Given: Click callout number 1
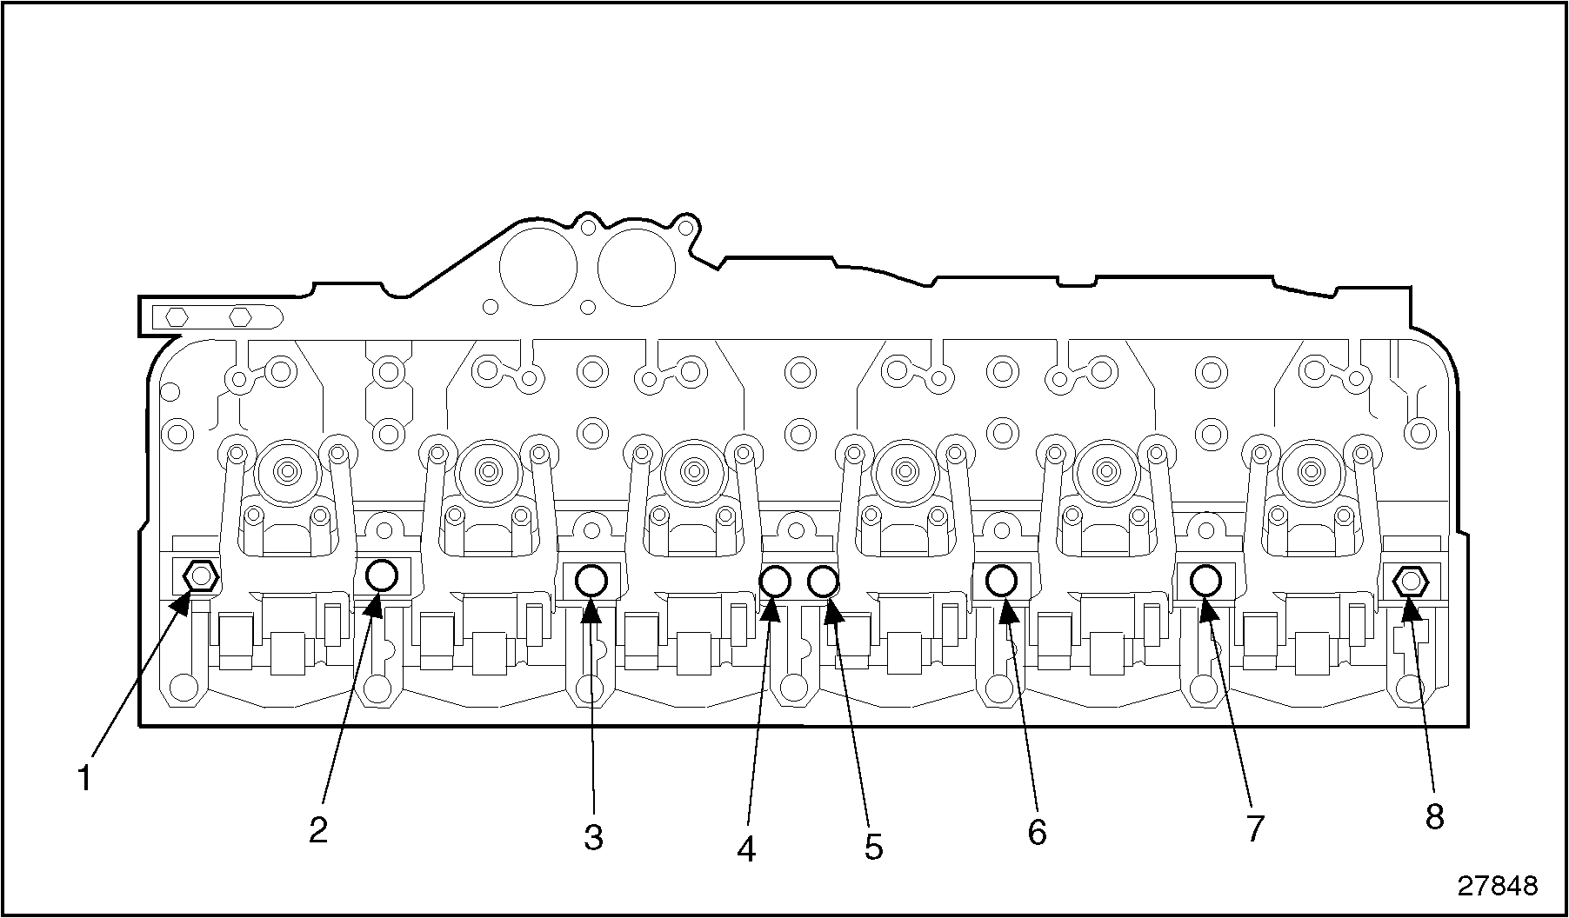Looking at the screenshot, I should point(84,777).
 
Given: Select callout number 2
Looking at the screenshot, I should point(318,830).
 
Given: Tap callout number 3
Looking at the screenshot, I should point(593,838).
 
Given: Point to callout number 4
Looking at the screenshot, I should point(746,848).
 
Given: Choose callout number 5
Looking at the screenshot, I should point(873,847).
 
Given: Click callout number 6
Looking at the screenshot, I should point(1037,832).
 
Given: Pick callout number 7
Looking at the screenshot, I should point(1254,828).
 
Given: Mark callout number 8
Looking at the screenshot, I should point(1434,816).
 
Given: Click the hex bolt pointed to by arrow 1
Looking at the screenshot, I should point(201,575).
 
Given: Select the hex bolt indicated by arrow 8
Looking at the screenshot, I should point(1411,580).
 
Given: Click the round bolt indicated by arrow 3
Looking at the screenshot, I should point(591,580).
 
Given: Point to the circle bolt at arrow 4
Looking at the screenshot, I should point(774,581).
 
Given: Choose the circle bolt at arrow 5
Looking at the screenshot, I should point(823,581).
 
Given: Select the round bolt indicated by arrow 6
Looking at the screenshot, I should point(1001,579).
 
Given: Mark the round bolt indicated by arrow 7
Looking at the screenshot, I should point(1205,579).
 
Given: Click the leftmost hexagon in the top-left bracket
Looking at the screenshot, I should point(177,316).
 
